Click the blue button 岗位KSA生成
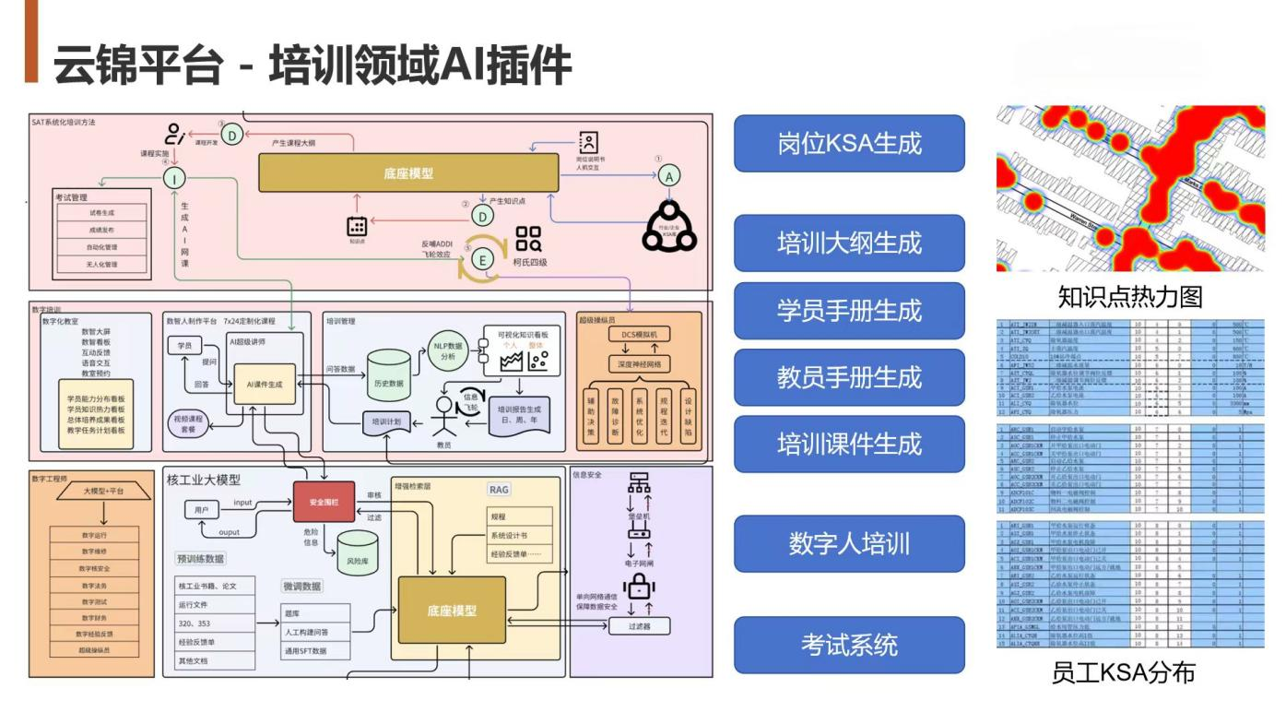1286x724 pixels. pos(848,143)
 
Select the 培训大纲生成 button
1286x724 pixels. pos(848,243)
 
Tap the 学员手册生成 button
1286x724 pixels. pos(848,311)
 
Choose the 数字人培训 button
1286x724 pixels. pos(848,544)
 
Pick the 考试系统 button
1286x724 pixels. pos(848,645)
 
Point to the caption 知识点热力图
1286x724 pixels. pos(1130,297)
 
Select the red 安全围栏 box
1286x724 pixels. pos(324,502)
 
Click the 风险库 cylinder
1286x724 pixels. pos(357,554)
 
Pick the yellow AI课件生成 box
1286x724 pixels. pos(264,384)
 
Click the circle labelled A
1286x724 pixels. pos(670,175)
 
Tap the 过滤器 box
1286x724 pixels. pos(639,626)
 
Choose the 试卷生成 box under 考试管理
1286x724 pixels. pos(101,212)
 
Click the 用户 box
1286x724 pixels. pos(201,509)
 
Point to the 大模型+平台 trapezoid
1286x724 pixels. pos(102,492)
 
